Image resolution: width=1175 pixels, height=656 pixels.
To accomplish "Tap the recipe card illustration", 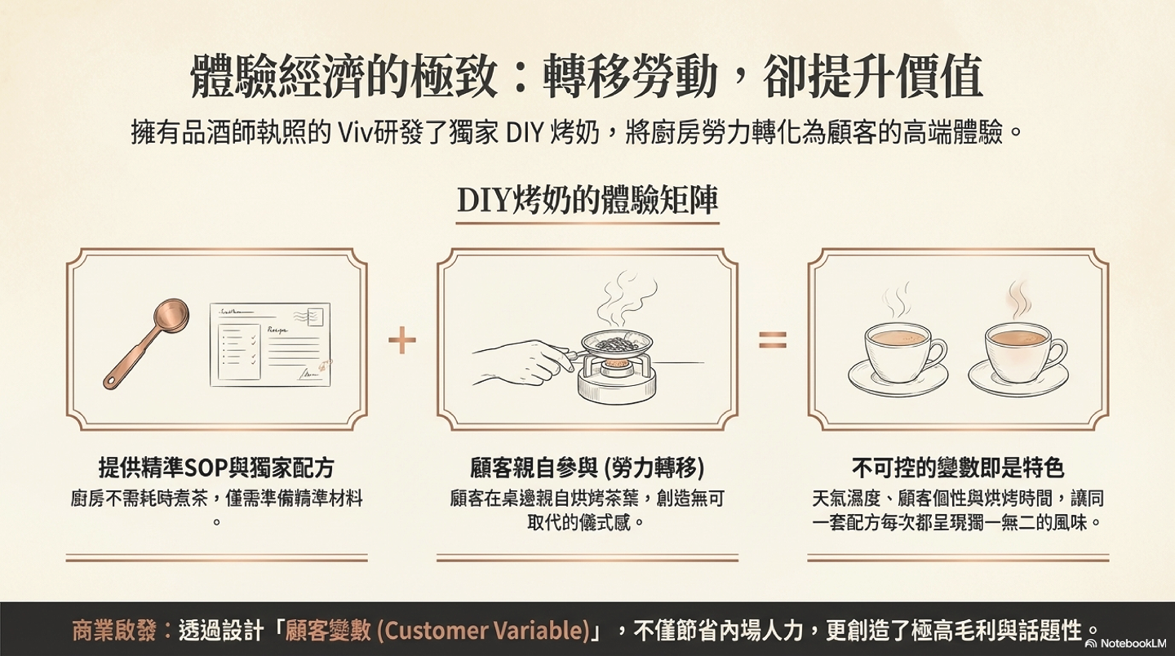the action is pyautogui.click(x=270, y=344).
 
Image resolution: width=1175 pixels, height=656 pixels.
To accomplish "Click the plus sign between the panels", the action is pyautogui.click(x=402, y=339).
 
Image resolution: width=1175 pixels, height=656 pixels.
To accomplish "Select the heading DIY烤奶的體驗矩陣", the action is pyautogui.click(x=587, y=200).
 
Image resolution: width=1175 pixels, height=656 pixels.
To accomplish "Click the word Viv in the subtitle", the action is pyautogui.click(x=356, y=134).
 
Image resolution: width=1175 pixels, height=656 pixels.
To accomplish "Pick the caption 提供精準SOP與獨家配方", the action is pyautogui.click(x=216, y=468).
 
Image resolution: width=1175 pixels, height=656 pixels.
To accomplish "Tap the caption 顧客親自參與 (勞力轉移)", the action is pyautogui.click(x=587, y=468).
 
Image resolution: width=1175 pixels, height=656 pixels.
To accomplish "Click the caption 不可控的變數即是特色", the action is pyautogui.click(x=958, y=468).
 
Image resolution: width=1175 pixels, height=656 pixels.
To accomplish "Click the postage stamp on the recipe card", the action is pyautogui.click(x=316, y=316).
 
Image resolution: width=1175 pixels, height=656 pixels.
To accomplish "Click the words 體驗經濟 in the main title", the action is pyautogui.click(x=268, y=78).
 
